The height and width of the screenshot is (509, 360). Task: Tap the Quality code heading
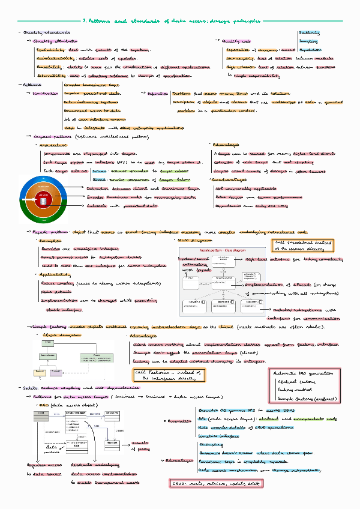point(235,40)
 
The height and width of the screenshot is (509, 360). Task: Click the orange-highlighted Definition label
point(158,94)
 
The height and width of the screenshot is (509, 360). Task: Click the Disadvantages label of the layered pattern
point(230,179)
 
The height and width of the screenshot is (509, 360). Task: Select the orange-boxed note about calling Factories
point(169,376)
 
